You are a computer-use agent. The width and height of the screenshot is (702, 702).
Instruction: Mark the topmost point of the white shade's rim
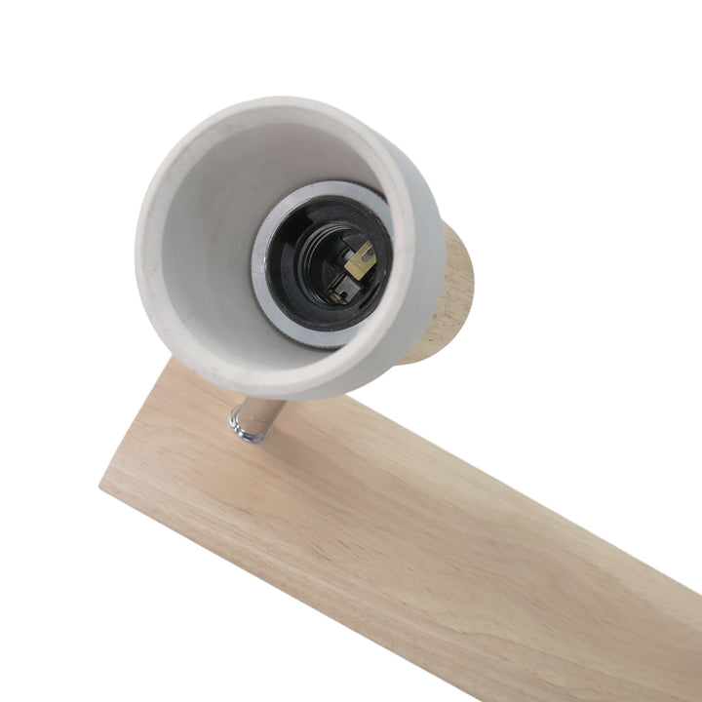pos(283,126)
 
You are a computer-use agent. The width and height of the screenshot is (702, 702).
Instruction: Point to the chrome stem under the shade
pos(261,415)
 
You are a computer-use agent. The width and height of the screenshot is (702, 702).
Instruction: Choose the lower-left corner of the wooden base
pos(101,484)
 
